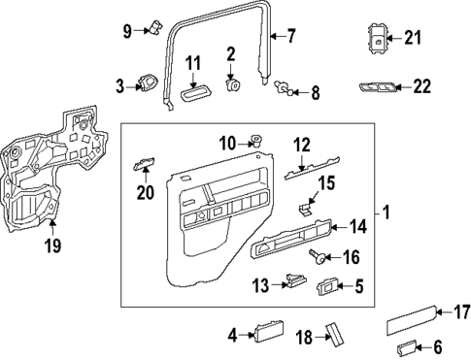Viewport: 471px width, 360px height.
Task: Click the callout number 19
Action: click(51, 245)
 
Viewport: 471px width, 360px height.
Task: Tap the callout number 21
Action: click(414, 39)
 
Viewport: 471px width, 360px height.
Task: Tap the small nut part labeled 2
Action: click(232, 83)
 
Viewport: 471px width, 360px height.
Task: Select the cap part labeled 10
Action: click(256, 142)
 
